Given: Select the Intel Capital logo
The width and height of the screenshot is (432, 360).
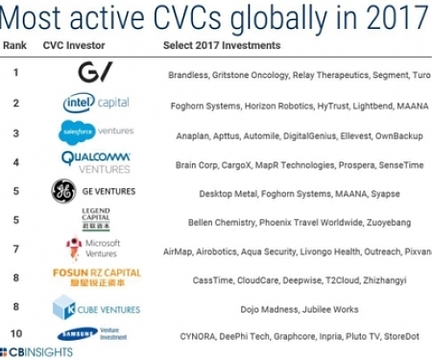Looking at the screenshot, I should [x=96, y=103].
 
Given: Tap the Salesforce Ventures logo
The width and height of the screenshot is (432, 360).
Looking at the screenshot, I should [x=95, y=132].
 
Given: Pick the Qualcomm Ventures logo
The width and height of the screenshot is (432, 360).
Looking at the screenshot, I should [x=95, y=161].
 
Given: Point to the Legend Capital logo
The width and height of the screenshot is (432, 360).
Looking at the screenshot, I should [x=96, y=221].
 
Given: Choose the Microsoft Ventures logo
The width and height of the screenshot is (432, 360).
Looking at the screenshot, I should [x=96, y=250].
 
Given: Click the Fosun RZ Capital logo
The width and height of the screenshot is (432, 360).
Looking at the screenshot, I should [x=96, y=278].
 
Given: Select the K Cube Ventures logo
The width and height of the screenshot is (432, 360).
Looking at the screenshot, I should [x=96, y=308].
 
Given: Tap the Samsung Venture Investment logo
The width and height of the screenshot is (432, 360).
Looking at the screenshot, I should [x=96, y=335].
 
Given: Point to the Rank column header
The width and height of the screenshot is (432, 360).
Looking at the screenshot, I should [x=15, y=46].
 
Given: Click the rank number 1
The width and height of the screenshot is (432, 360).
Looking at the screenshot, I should [x=15, y=72].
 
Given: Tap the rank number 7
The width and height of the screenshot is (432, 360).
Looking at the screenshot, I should [x=15, y=250].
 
